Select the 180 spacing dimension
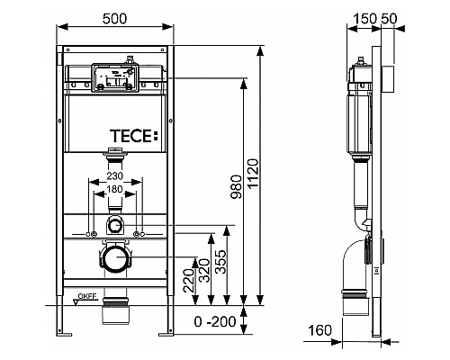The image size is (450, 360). click(x=114, y=191)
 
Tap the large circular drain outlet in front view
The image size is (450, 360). click(x=113, y=260)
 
